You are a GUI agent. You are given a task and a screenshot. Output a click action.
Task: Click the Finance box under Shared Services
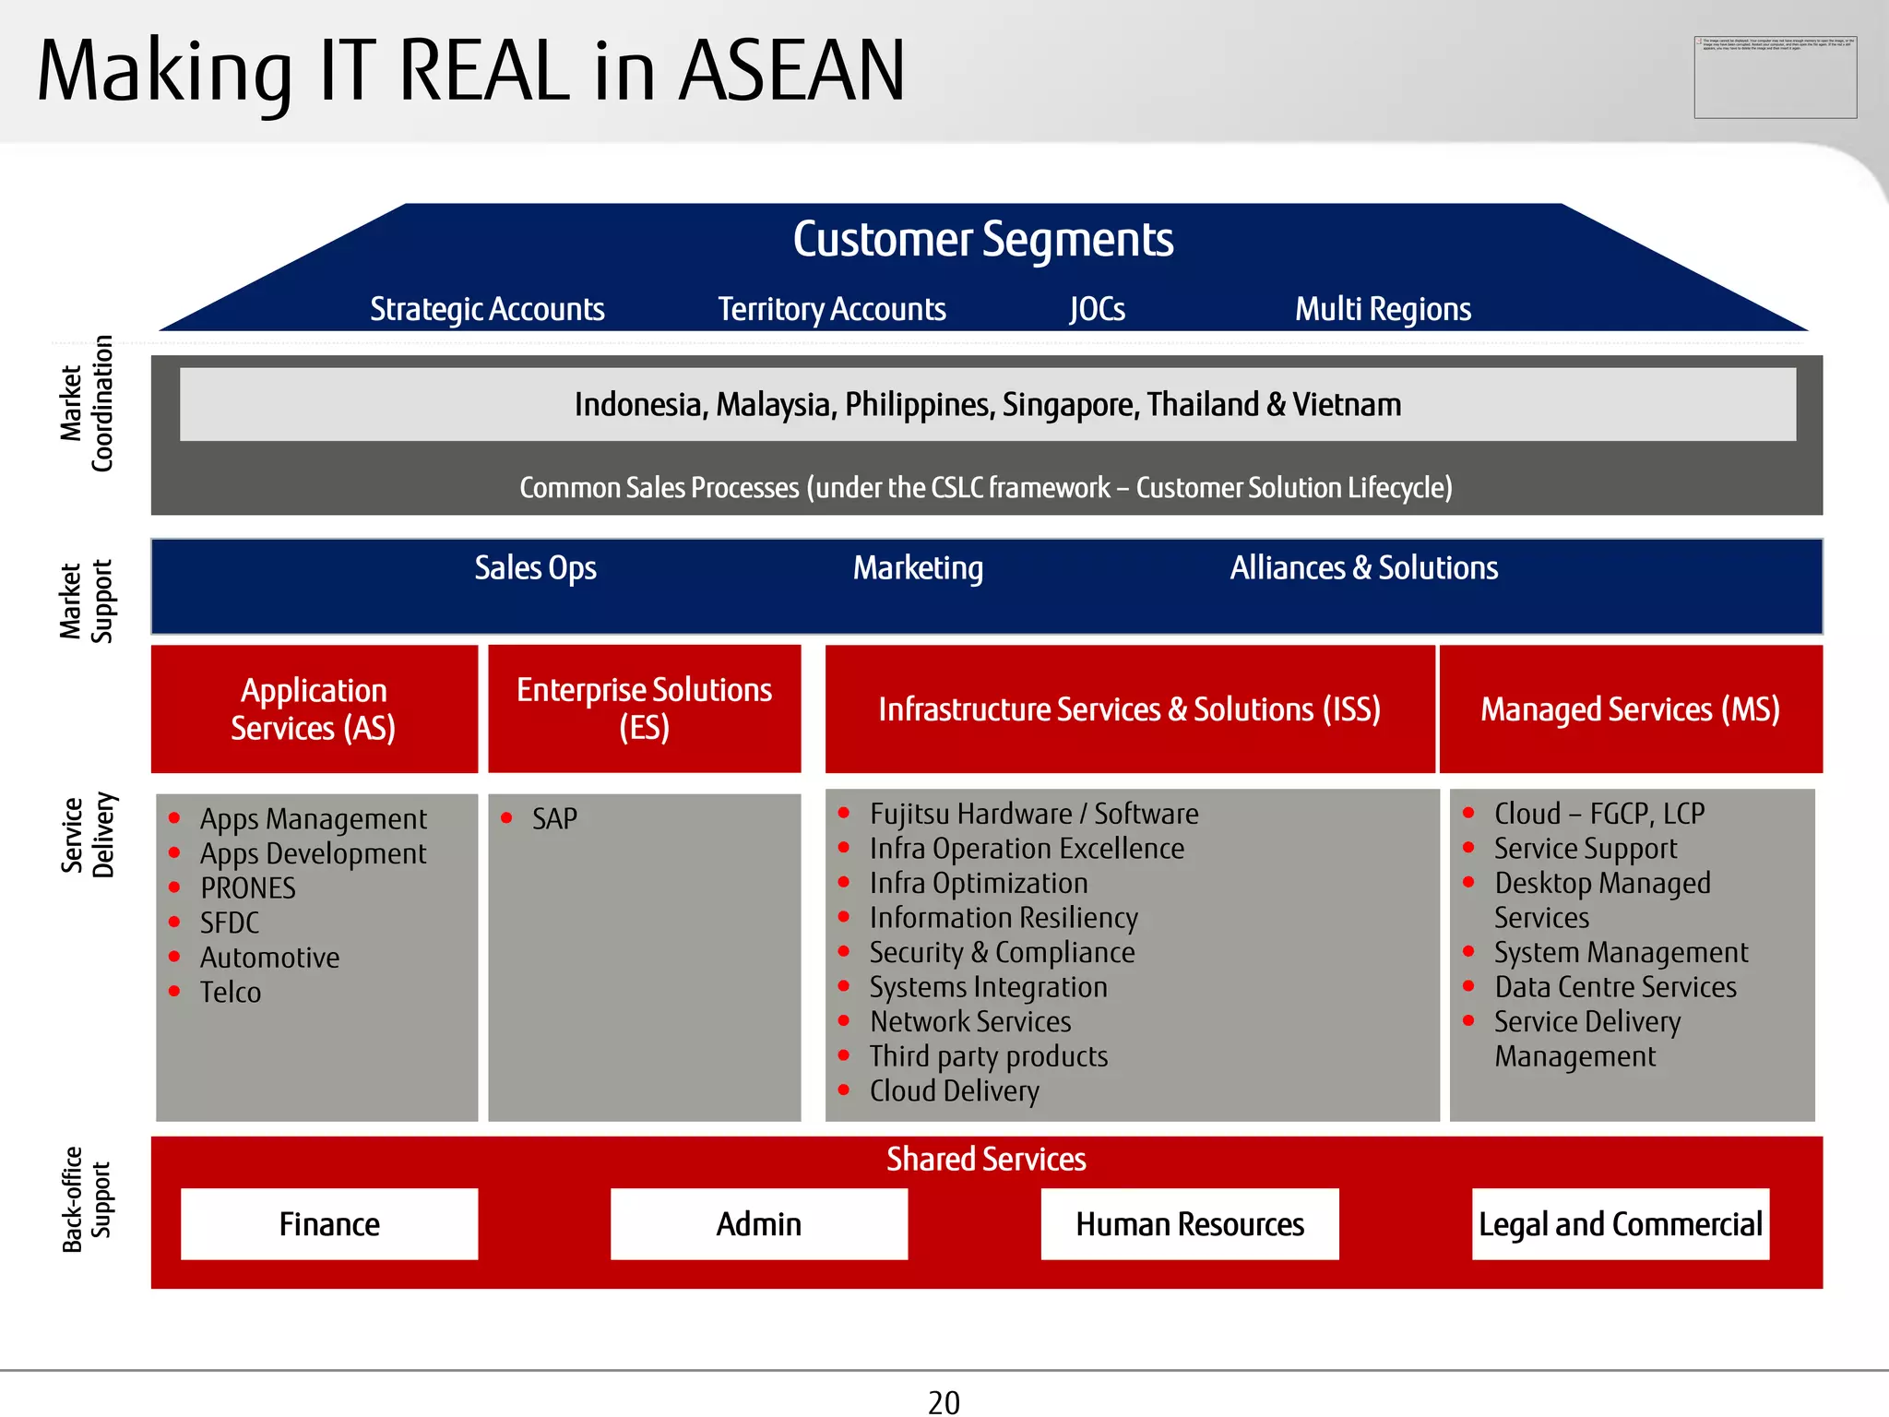[x=329, y=1224]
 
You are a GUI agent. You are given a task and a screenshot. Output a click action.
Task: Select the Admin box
[x=758, y=1224]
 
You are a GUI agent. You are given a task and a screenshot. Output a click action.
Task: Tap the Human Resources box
[x=1189, y=1224]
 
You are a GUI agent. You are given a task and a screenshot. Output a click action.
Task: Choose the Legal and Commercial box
[x=1620, y=1224]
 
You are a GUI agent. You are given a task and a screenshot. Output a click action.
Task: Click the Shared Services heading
[x=985, y=1160]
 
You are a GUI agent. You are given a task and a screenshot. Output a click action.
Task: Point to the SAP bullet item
[x=554, y=818]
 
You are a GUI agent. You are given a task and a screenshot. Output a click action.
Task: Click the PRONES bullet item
[x=247, y=888]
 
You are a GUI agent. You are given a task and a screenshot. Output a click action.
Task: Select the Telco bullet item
[x=231, y=993]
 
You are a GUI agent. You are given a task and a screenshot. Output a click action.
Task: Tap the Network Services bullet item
[x=969, y=1022]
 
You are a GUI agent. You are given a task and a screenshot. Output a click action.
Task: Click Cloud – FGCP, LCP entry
[x=1598, y=814]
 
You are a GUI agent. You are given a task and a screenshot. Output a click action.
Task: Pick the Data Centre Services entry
[x=1614, y=987]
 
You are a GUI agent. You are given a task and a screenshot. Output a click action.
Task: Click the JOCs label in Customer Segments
[x=1097, y=309]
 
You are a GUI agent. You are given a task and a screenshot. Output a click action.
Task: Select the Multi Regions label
[x=1382, y=309]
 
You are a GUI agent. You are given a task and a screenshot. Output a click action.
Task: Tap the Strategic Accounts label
[x=487, y=309]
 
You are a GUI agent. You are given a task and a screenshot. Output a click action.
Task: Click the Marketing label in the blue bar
[x=918, y=568]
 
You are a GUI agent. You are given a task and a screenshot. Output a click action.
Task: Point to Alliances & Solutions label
[x=1363, y=568]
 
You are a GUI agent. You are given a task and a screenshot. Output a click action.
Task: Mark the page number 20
[x=944, y=1402]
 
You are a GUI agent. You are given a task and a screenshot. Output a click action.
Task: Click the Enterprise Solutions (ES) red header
[x=644, y=708]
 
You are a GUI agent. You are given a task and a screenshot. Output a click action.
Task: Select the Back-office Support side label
[x=86, y=1199]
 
